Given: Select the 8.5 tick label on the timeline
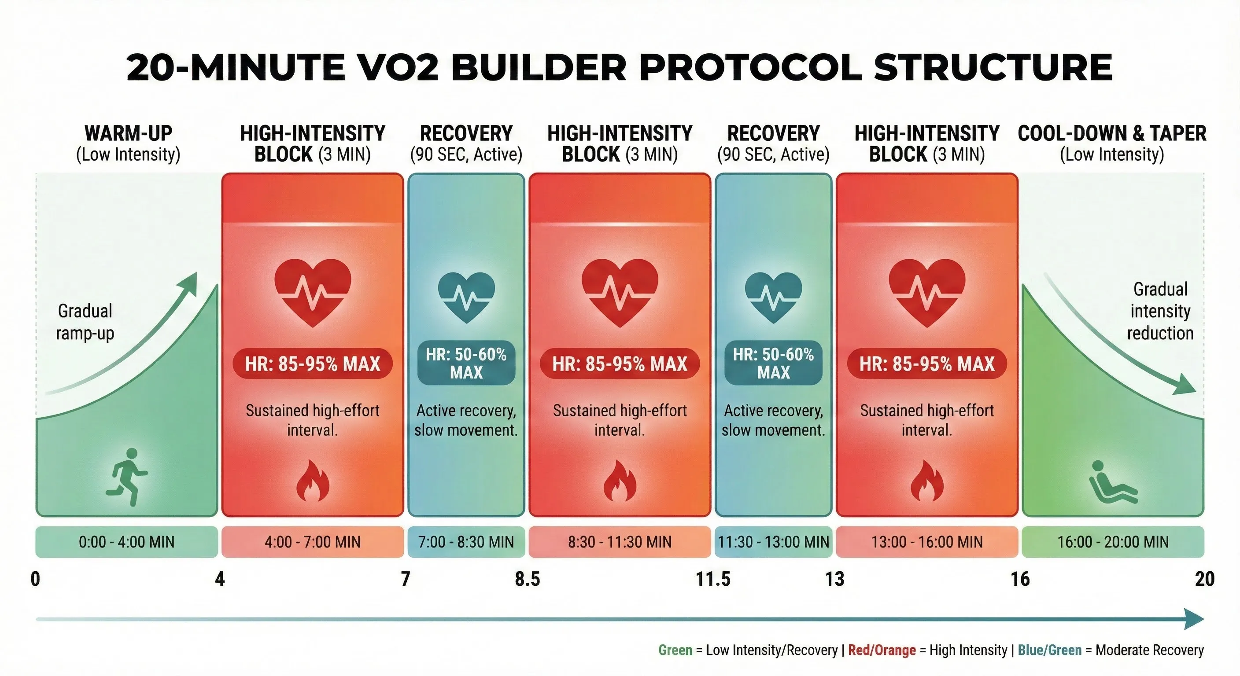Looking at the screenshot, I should [528, 579].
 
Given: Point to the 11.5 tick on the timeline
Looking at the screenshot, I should [713, 579].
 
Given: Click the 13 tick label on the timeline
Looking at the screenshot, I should [835, 579].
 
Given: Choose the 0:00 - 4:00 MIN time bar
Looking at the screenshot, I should [127, 542].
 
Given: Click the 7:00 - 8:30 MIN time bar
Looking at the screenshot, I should [466, 542].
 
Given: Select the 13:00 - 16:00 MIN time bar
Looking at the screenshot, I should [926, 542].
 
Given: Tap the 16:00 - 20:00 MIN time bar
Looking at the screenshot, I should [1112, 542].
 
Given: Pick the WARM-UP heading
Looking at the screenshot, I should [128, 133].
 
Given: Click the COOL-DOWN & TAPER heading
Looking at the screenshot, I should [1112, 133].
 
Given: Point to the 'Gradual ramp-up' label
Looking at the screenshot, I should [85, 322].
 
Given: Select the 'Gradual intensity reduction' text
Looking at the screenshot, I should [1160, 311].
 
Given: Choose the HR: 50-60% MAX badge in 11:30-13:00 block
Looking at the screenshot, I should [773, 363].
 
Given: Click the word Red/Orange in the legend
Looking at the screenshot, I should [882, 650].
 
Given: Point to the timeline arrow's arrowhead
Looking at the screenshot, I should [1195, 619].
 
